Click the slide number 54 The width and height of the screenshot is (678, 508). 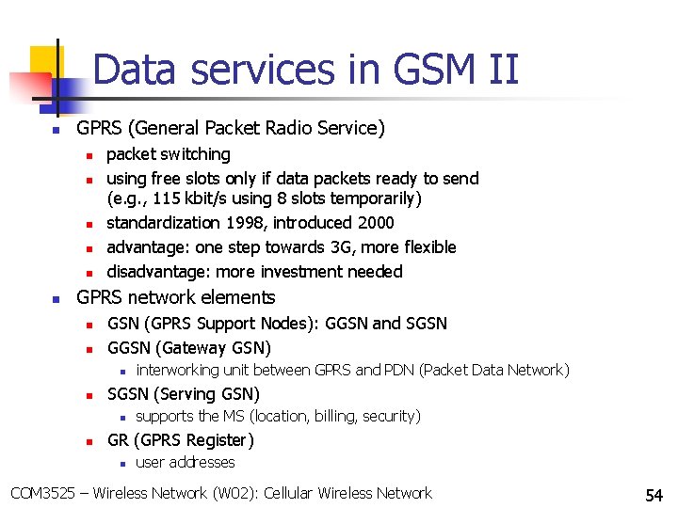pos(654,495)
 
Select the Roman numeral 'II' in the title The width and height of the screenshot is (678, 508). pos(494,71)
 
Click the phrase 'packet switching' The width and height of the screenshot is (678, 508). pos(169,154)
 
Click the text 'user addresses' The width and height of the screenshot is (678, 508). pos(186,462)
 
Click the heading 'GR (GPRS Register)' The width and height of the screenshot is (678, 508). pos(181,439)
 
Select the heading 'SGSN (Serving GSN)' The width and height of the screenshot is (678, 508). pos(184,393)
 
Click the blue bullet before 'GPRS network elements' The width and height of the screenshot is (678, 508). pos(56,298)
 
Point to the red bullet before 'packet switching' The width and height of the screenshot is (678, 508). pos(86,155)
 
